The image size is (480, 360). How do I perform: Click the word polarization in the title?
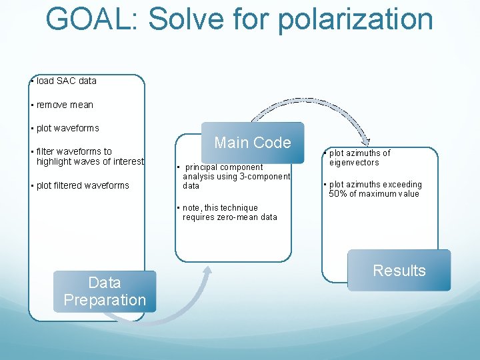[355, 18]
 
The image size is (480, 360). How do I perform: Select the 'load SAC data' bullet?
[66, 81]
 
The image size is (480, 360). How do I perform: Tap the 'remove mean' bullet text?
[65, 105]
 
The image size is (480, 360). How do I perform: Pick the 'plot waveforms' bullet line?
[67, 128]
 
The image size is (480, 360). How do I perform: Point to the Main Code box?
[252, 143]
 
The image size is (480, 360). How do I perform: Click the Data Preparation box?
[104, 291]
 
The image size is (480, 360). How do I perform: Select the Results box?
[399, 270]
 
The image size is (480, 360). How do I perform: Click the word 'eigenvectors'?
[354, 163]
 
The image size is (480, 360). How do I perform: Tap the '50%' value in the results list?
[339, 194]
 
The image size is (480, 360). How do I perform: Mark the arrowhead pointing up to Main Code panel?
[207, 270]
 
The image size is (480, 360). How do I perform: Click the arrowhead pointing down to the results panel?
[366, 141]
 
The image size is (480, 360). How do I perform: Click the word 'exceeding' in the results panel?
[401, 185]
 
